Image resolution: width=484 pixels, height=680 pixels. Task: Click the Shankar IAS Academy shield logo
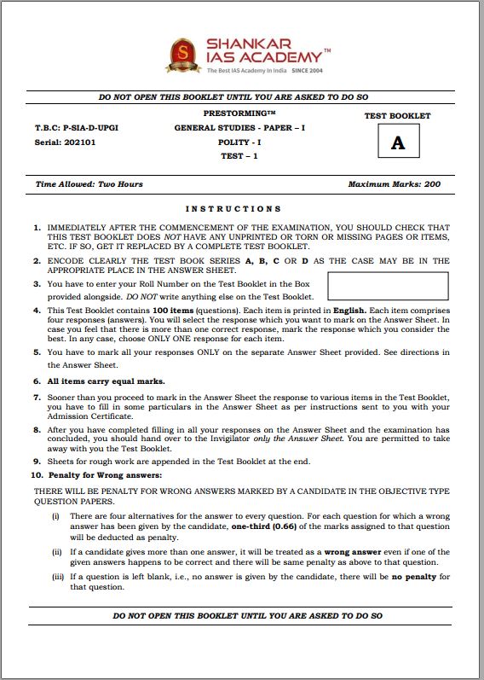coord(181,55)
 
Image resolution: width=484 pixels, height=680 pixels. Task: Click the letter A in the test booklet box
coord(398,143)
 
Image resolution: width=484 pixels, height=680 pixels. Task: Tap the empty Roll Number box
coord(388,286)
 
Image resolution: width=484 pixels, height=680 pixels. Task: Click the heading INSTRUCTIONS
coord(233,208)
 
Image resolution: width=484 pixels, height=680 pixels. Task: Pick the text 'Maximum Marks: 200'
coord(395,184)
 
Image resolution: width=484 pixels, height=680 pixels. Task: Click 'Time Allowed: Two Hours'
coord(89,184)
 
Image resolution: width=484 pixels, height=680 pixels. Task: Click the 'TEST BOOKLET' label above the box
coord(397,116)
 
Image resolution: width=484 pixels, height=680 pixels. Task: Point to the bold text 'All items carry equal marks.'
coord(106,381)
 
